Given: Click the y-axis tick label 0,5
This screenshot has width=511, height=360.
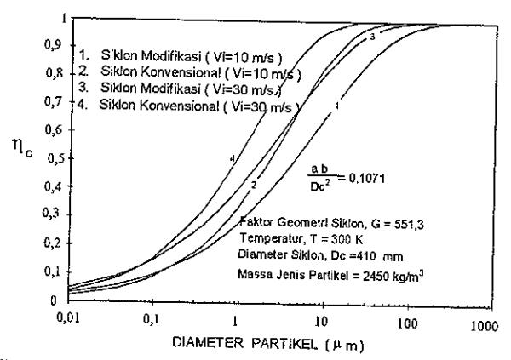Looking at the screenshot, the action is pos(55,159).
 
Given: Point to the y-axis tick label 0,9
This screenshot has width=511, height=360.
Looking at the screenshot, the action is pos(53,44).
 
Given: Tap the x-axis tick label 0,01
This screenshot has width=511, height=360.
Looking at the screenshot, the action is pos(68,317).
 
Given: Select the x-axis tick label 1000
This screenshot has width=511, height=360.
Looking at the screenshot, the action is pos(485,326).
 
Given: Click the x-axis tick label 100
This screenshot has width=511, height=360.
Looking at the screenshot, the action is pos(407,323).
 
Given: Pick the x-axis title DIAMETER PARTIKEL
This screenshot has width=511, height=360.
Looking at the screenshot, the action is pos(244,343).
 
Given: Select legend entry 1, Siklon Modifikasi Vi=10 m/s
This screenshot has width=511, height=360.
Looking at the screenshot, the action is pos(181,56).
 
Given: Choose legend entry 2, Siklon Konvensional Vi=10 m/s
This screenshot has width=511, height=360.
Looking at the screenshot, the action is pos(190,72).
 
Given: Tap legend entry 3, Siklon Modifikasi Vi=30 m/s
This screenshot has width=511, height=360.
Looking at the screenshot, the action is pos(180,89).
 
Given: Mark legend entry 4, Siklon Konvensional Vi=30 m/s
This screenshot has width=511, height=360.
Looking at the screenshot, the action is pos(188,106).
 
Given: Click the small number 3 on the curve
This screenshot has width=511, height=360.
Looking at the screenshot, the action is pos(372,37).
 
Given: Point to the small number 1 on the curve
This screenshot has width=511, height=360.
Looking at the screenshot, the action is pos(337,106).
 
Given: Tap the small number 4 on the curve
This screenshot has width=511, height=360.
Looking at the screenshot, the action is pos(232,158).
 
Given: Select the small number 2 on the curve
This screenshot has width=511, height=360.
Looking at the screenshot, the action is pos(254,185).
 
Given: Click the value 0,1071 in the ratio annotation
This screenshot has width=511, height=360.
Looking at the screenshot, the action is pos(366,178).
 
